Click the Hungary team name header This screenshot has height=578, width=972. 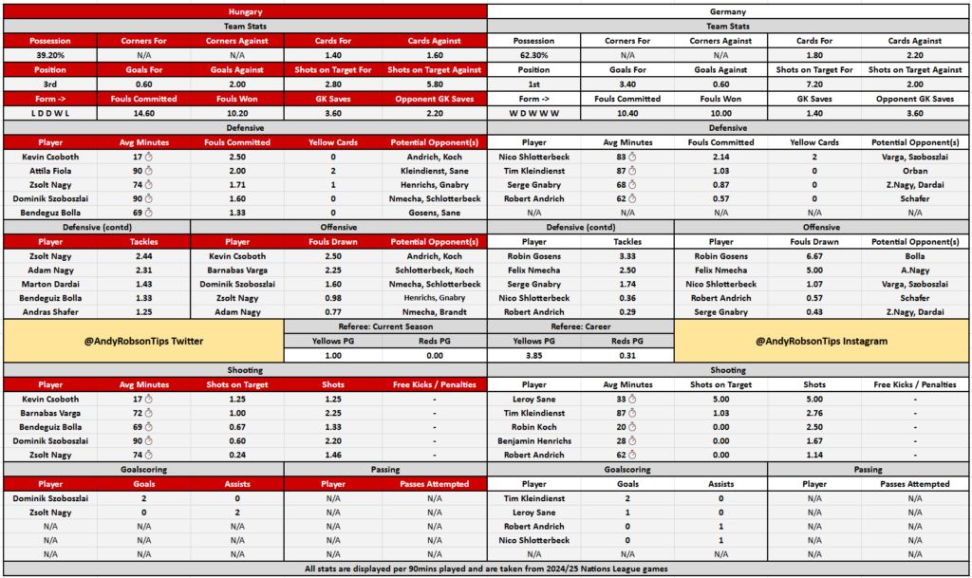tap(245, 10)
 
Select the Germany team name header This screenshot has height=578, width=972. tap(728, 10)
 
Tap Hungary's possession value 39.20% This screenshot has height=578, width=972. tap(49, 55)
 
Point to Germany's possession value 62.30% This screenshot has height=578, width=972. tap(533, 55)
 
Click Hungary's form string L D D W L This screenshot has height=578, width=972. tap(49, 113)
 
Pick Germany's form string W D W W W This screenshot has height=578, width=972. tap(533, 113)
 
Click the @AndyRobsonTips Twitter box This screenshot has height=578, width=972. tap(143, 340)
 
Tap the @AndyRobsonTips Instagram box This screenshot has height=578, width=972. tap(822, 340)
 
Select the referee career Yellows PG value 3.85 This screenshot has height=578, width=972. tap(533, 355)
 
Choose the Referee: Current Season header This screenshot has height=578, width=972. tap(385, 326)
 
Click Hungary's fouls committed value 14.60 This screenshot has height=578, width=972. tap(143, 113)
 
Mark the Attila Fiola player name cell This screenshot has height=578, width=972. tap(49, 170)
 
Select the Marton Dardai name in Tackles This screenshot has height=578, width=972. tap(49, 284)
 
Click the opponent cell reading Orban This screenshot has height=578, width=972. tap(916, 170)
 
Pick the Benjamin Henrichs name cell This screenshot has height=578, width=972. tap(533, 441)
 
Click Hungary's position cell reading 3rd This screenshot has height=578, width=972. tap(49, 84)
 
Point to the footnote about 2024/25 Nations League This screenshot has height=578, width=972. tap(486, 569)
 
